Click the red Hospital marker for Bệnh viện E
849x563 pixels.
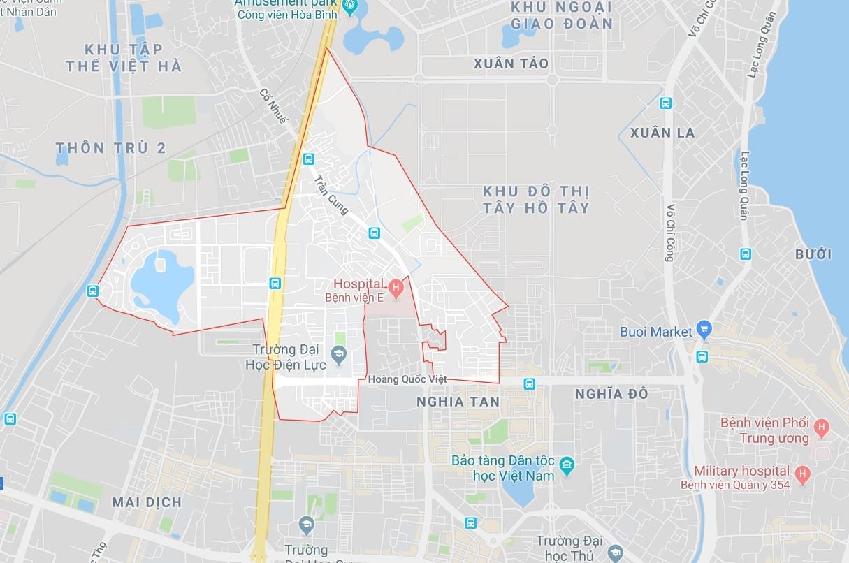tap(396, 286)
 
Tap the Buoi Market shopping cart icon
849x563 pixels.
tap(704, 328)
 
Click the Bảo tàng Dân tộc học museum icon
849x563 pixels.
tap(567, 464)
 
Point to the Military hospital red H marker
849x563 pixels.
tap(802, 474)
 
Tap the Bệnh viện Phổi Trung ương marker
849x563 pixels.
tap(822, 425)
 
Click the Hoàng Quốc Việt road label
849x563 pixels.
tap(407, 379)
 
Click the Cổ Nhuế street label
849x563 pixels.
tap(273, 106)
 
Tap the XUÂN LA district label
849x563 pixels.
tap(662, 133)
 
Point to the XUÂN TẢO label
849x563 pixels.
tap(511, 64)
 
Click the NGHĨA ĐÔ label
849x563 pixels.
tap(611, 394)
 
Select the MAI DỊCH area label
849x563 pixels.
tap(147, 502)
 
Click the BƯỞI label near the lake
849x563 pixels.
tap(813, 254)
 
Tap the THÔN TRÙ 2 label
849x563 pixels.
tap(110, 148)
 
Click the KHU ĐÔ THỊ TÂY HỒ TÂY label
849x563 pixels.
tap(536, 199)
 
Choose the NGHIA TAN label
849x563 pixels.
tap(458, 402)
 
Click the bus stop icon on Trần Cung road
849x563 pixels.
tap(374, 233)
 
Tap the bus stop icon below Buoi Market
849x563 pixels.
tap(702, 357)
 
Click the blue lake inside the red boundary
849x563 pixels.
tap(162, 284)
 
